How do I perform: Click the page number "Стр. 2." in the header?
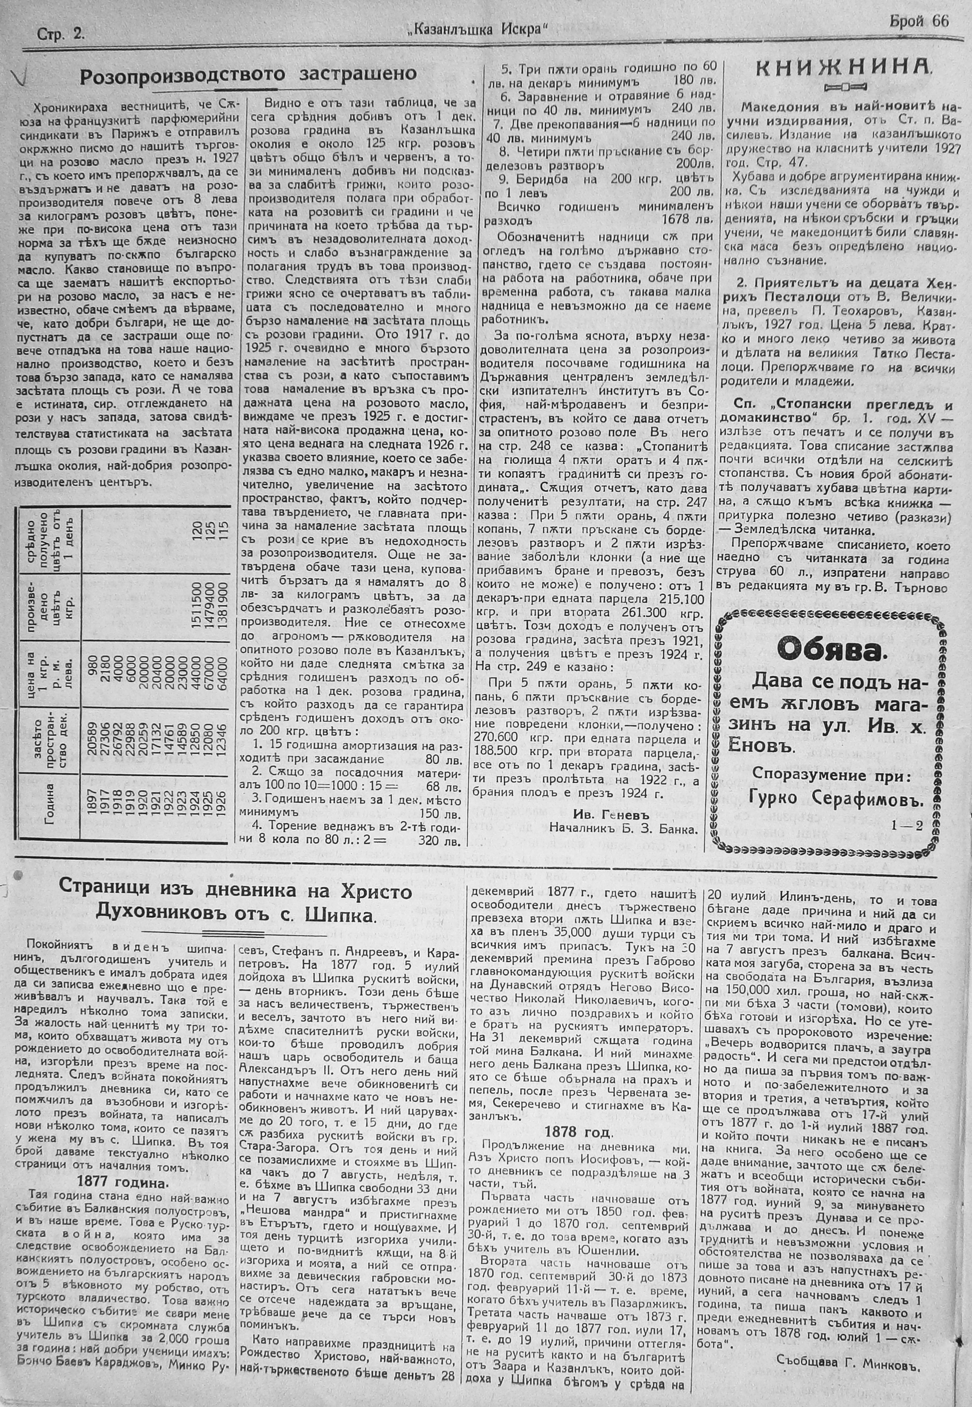coord(61,35)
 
